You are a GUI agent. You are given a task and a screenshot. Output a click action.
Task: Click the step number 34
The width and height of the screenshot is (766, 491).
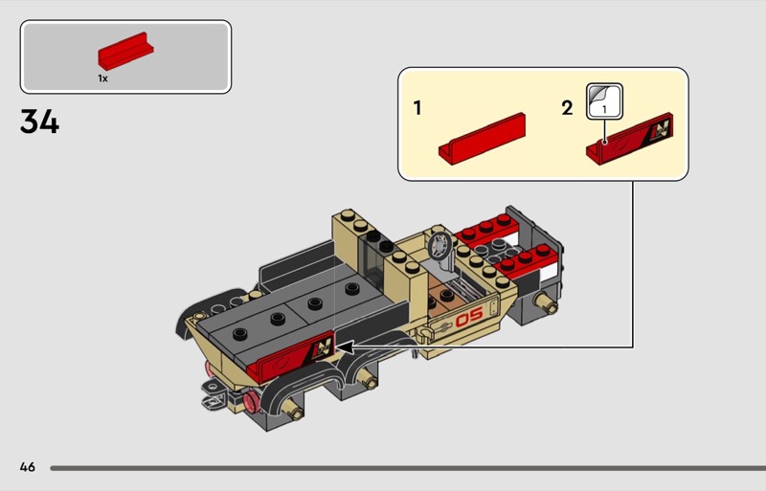pyautogui.click(x=39, y=122)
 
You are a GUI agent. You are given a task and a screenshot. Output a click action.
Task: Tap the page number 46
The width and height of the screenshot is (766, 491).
pyautogui.click(x=28, y=467)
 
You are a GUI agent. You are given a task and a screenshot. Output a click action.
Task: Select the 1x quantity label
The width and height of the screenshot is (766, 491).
pyautogui.click(x=102, y=78)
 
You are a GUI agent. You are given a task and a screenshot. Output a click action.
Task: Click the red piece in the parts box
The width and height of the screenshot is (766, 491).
pyautogui.click(x=125, y=52)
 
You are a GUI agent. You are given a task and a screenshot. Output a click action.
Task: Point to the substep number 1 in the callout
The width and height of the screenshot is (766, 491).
pyautogui.click(x=417, y=108)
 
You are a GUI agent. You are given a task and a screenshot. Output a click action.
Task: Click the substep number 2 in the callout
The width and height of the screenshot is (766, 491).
pyautogui.click(x=567, y=108)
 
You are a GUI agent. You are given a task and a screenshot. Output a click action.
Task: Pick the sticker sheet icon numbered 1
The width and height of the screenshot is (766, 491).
pyautogui.click(x=604, y=101)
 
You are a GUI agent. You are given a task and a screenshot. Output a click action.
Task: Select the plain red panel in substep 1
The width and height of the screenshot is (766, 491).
pyautogui.click(x=482, y=139)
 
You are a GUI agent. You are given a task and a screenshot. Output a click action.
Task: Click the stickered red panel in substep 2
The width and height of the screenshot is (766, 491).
pyautogui.click(x=629, y=139)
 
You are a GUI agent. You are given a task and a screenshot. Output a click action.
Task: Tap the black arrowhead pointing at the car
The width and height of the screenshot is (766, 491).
pyautogui.click(x=345, y=347)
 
